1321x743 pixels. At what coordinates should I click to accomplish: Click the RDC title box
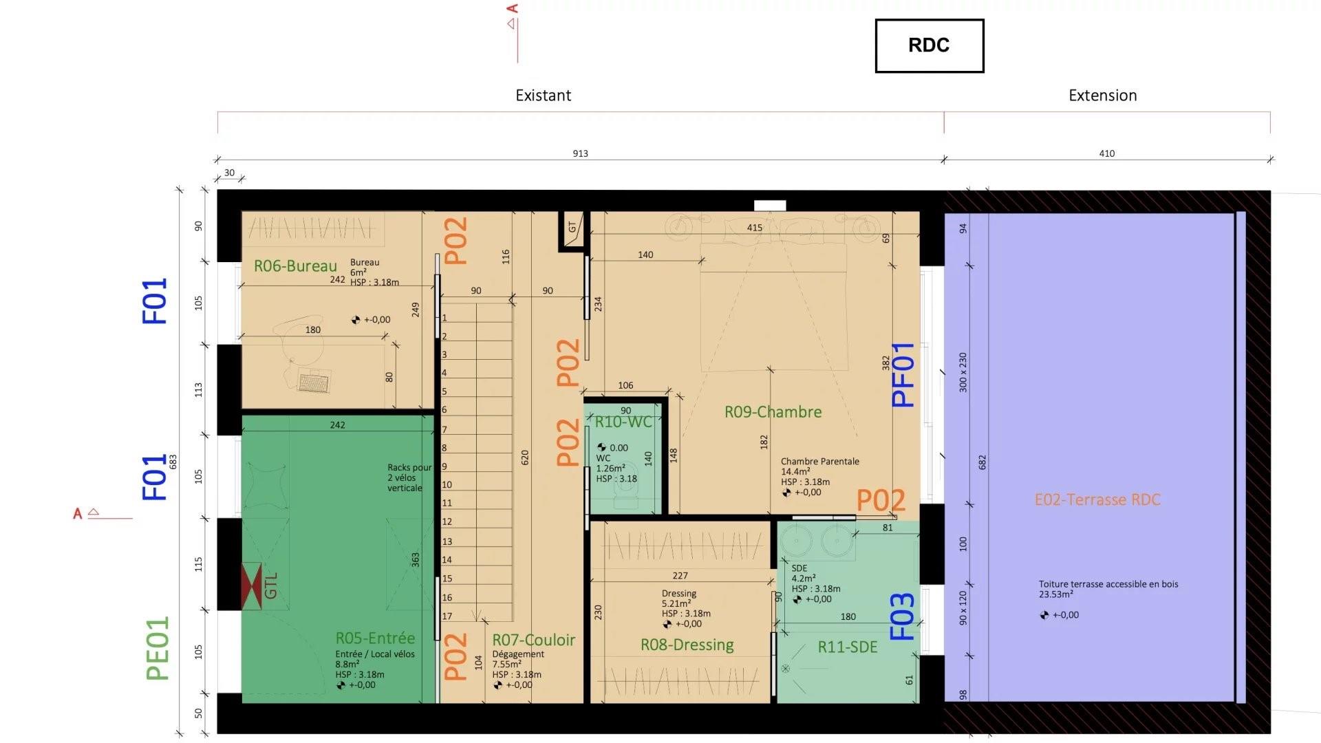929,45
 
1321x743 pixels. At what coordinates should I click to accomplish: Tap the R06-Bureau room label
295,266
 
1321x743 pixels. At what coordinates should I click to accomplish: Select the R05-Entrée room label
375,638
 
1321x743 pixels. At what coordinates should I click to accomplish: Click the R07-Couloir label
533,640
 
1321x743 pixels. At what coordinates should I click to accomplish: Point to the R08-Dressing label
687,645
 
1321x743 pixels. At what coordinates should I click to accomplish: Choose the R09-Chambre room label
773,412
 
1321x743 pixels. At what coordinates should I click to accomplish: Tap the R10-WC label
623,422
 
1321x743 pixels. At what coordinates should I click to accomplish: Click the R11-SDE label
848,647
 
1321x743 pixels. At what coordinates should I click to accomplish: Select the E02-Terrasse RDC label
1097,500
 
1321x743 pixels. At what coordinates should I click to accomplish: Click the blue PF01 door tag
903,375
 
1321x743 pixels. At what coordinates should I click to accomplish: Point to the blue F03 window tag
902,616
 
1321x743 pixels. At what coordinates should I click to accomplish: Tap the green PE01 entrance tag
158,649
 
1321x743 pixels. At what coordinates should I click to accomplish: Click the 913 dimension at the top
580,153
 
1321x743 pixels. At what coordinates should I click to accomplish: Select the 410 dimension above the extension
1106,153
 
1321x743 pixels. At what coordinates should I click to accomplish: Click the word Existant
543,96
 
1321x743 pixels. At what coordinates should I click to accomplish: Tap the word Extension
1102,96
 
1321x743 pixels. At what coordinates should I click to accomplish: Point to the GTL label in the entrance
270,585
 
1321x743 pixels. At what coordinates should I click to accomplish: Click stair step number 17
447,616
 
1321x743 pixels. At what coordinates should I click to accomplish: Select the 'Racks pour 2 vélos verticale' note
409,477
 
